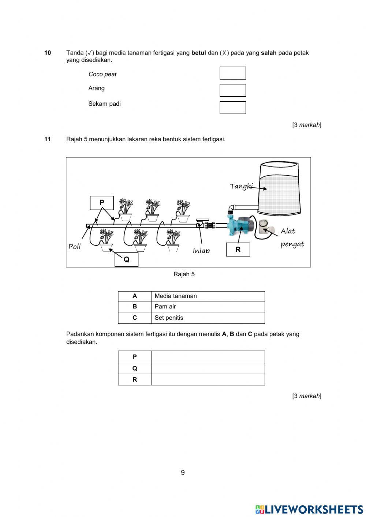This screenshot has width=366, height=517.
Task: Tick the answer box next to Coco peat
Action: click(232, 73)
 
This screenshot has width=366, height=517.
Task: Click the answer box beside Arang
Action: click(232, 90)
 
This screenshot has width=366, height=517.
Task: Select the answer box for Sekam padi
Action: click(232, 108)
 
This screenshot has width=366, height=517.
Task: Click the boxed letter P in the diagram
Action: click(102, 203)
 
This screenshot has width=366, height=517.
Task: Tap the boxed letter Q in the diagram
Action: click(126, 259)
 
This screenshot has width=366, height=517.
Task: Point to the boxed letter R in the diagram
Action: click(238, 250)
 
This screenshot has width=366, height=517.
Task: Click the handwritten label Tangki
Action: click(241, 186)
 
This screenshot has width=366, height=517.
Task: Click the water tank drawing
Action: click(279, 187)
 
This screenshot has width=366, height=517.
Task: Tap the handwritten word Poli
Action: click(75, 247)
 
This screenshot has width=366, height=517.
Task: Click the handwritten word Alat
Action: click(288, 231)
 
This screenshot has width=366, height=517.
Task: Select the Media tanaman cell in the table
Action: click(208, 296)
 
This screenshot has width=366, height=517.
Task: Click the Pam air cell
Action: click(208, 307)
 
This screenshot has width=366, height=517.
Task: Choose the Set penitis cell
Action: click(208, 318)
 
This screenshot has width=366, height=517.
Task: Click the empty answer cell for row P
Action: click(208, 357)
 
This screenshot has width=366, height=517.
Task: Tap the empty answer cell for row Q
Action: click(208, 368)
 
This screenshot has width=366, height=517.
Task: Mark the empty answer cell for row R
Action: click(208, 379)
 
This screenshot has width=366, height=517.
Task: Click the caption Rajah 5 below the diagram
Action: click(184, 274)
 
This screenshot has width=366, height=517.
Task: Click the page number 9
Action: click(183, 472)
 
